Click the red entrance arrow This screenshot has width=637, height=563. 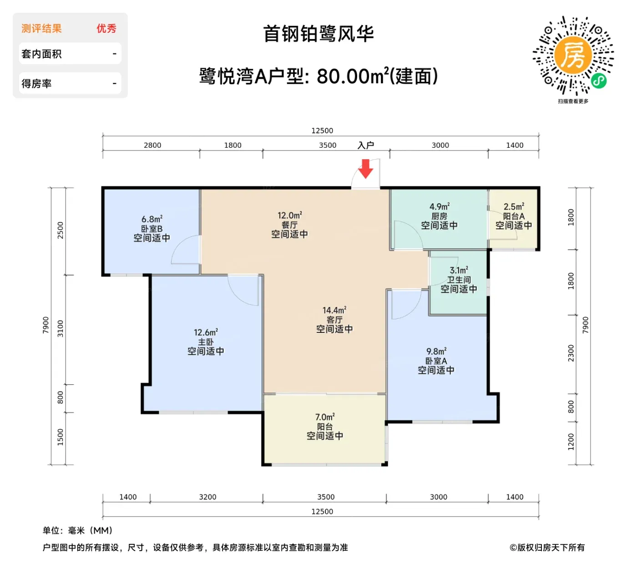tap(365, 169)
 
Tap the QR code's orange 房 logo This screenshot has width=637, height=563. tap(572, 55)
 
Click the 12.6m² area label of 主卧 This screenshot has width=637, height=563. tap(206, 332)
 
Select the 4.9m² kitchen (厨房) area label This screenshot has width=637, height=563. tap(439, 206)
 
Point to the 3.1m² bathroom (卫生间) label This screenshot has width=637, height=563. tap(459, 270)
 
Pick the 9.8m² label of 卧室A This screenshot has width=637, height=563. tap(436, 351)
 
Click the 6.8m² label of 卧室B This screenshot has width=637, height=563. tap(152, 219)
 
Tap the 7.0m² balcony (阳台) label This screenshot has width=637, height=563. tap(325, 417)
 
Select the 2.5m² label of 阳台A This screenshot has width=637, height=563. tap(514, 206)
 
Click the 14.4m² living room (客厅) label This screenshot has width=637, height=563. tap(334, 310)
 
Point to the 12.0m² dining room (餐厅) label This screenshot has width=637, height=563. tap(289, 215)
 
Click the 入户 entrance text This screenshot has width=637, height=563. tap(366, 145)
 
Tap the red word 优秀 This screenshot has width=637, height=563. tap(106, 29)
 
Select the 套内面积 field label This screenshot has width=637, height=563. tap(41, 54)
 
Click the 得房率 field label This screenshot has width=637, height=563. tap(36, 84)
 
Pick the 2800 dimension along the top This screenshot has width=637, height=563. tap(152, 145)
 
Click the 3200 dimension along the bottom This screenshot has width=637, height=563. tap(207, 497)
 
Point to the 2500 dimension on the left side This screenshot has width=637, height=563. tap(60, 231)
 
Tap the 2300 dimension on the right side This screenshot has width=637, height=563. tap(571, 353)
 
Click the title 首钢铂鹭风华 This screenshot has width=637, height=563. tap(318, 34)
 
